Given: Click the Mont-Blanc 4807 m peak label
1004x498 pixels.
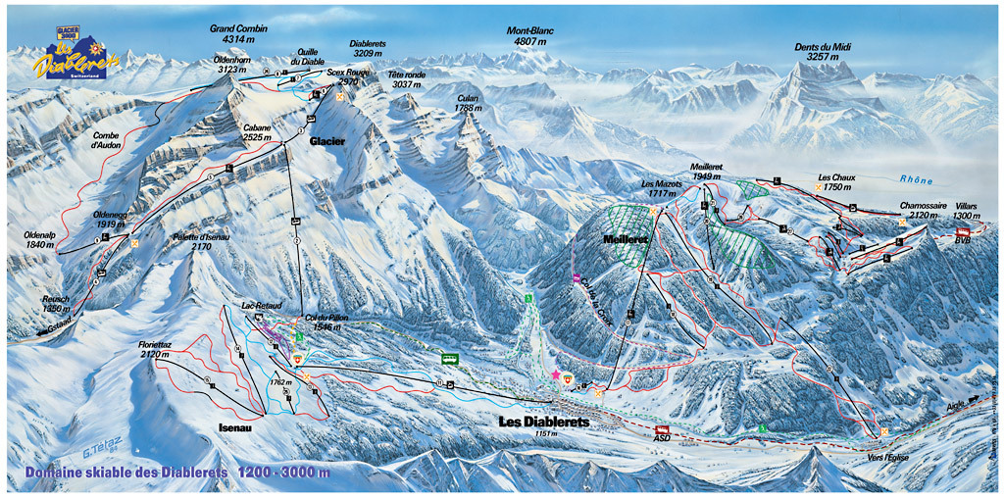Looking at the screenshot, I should tap(530, 37).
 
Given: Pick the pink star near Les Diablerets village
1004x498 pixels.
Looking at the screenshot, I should tap(556, 374).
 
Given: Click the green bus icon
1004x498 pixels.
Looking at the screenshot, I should tap(450, 359).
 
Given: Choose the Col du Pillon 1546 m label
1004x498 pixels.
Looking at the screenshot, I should tap(325, 323).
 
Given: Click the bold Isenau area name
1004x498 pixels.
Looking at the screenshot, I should tap(236, 427).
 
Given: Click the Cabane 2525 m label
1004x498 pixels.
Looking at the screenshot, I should tap(259, 133).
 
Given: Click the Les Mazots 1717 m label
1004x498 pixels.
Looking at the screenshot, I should tap(660, 188).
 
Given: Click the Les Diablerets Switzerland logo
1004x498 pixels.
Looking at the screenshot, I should tap(74, 58).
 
